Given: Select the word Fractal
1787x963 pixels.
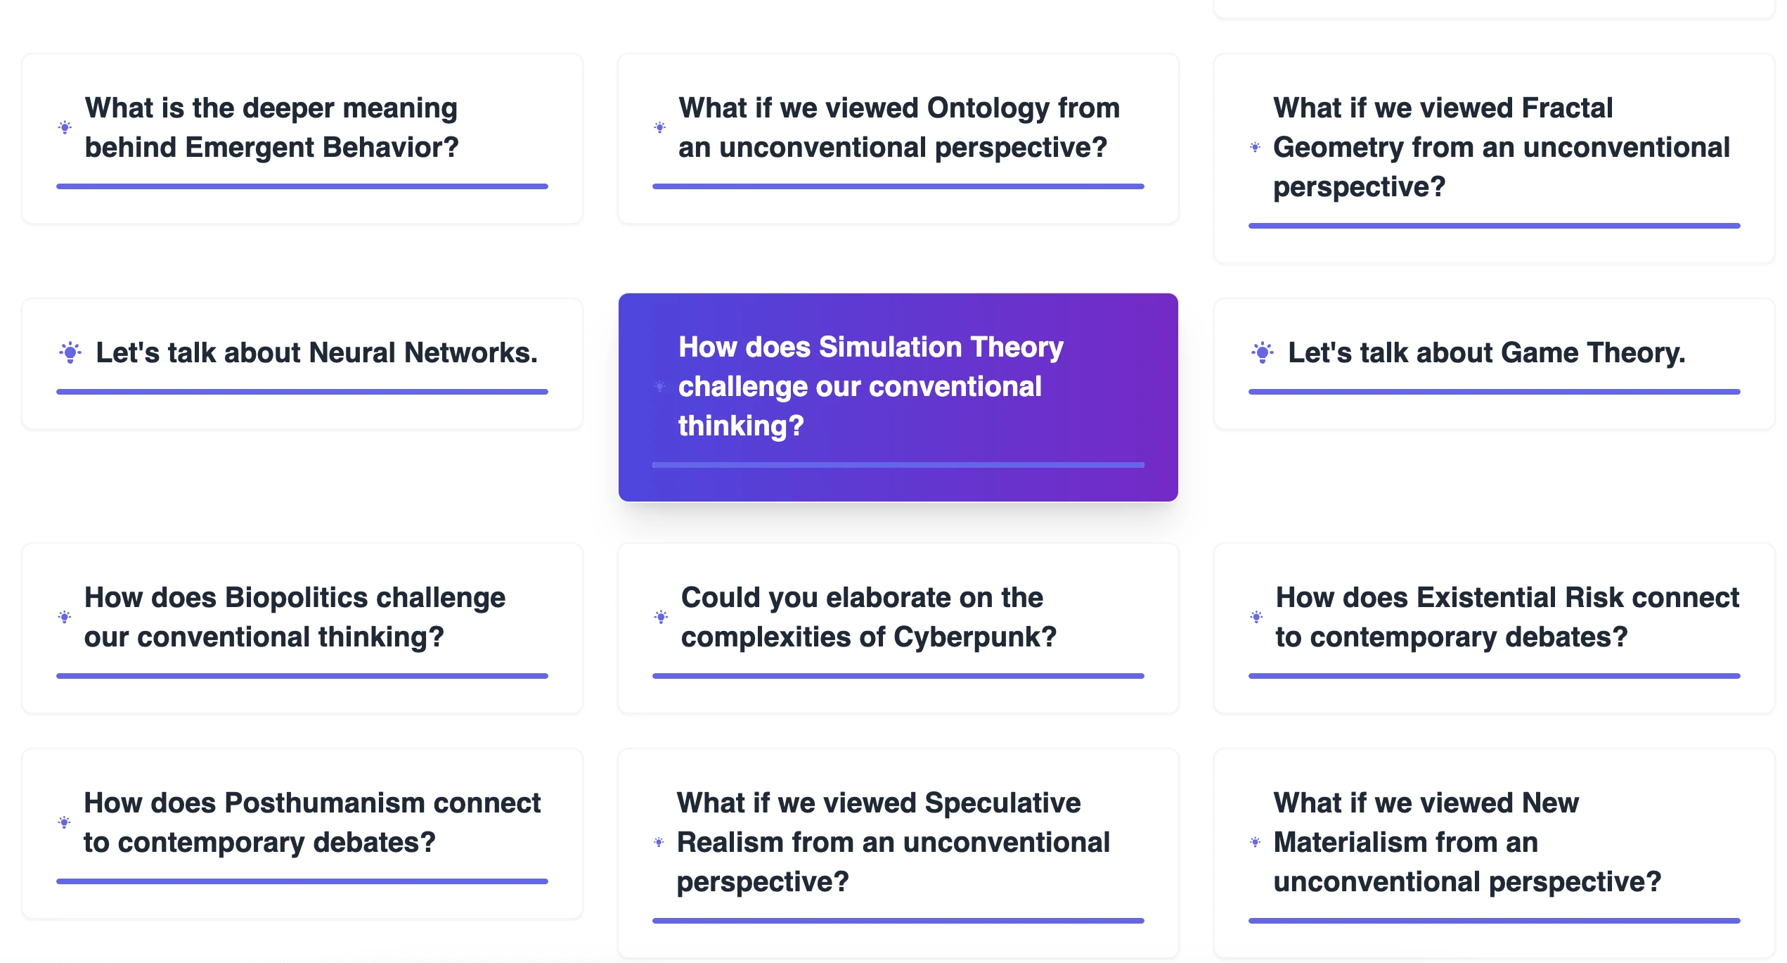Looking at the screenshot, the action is (1567, 108).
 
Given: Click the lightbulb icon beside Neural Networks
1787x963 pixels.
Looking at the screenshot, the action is (70, 352).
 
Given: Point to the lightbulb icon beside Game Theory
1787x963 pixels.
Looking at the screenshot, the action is (1263, 352).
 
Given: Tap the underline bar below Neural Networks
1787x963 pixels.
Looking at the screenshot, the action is (302, 392).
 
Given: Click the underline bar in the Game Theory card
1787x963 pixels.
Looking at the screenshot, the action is (1495, 392).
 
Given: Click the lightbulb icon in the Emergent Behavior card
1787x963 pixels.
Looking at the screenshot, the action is (65, 127).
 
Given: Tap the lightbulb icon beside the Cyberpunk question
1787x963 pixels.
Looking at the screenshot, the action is (661, 617).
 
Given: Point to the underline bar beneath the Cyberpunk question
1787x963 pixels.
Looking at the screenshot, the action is (898, 676).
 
